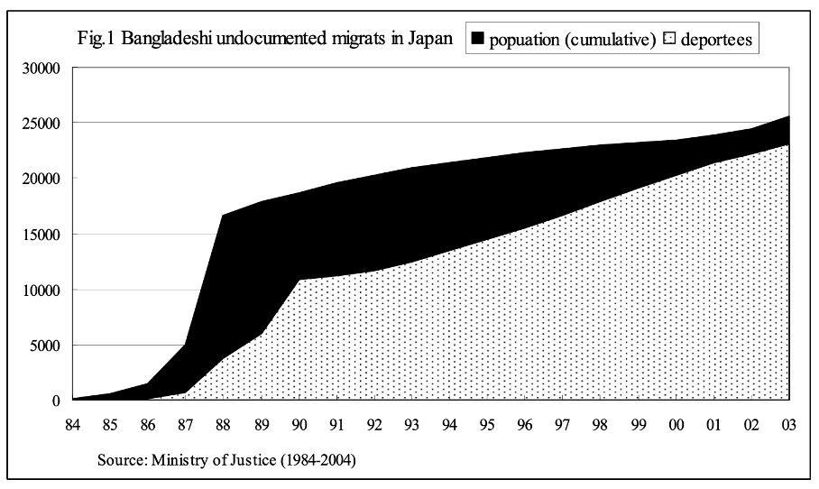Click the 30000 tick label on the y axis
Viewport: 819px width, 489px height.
41,68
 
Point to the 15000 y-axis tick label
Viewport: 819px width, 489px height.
41,235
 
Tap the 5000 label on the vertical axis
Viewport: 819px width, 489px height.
44,346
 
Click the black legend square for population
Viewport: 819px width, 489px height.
477,40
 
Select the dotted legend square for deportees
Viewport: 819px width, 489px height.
669,40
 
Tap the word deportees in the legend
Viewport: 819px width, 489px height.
716,41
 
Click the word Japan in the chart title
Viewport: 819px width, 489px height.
429,40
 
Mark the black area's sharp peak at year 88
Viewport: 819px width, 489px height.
222,215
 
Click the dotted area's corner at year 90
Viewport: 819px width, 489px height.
298,280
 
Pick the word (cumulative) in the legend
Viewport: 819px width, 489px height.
608,41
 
